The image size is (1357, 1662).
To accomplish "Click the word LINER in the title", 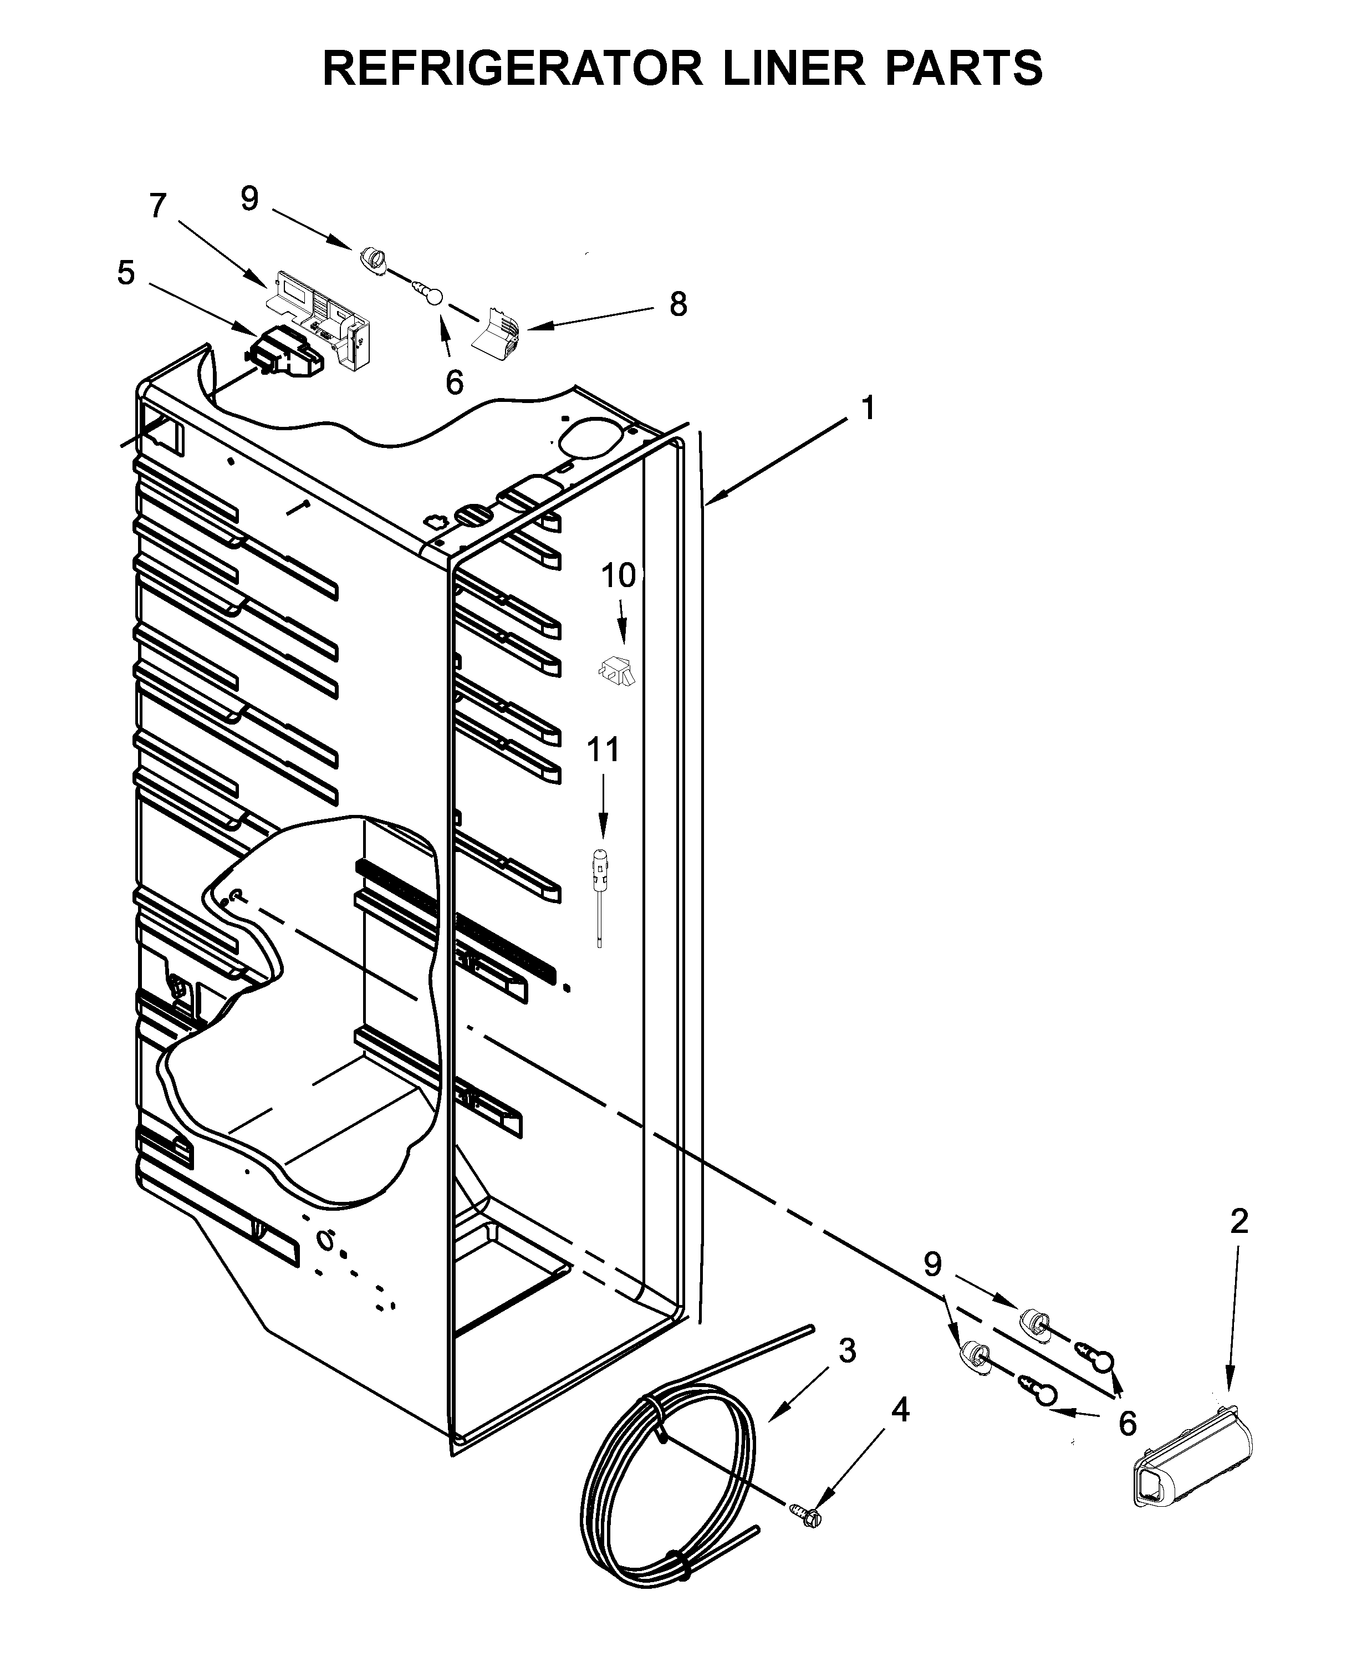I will click(793, 68).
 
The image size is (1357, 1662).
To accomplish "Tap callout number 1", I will click(868, 408).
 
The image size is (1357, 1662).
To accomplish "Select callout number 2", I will click(1239, 1221).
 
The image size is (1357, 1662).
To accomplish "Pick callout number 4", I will click(900, 1410).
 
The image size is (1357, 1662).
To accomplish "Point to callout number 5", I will click(126, 274).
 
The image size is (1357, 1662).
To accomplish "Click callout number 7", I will click(158, 206).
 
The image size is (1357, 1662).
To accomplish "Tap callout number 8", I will click(678, 304).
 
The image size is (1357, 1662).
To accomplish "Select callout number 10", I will click(618, 576).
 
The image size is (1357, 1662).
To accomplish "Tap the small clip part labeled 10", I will click(618, 670).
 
